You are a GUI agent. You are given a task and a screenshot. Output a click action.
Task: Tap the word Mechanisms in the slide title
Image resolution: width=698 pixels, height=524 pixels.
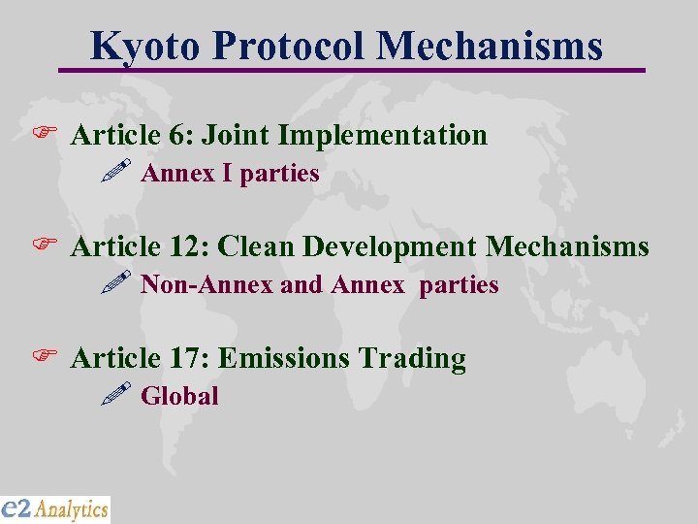tap(490, 46)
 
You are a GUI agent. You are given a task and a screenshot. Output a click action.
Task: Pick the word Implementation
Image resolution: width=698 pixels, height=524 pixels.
tap(377, 135)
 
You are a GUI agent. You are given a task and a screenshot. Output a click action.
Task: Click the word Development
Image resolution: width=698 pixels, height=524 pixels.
tap(390, 246)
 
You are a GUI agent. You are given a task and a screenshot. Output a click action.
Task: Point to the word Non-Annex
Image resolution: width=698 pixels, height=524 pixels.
tap(206, 285)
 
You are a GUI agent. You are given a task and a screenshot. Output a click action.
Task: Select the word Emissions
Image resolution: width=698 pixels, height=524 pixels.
tap(284, 358)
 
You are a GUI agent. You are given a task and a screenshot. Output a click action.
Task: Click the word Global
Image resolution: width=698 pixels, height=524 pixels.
tap(179, 396)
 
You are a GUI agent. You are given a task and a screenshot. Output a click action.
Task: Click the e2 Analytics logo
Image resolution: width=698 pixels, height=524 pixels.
tap(55, 508)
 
